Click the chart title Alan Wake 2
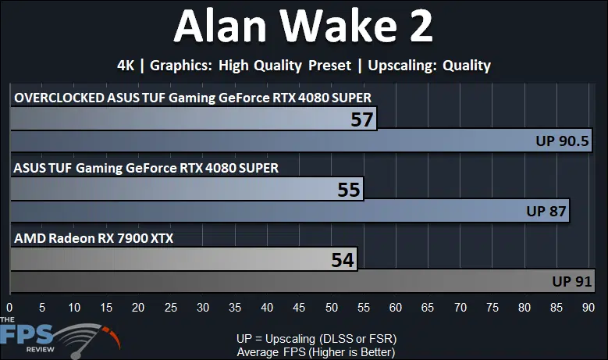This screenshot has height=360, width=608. coord(304,26)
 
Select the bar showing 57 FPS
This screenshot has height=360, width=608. coord(194,119)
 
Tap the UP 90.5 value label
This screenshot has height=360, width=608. coord(562,141)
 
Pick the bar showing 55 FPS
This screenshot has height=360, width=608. coord(187,189)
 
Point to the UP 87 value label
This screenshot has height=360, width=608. coord(546,211)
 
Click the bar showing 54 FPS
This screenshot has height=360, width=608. coord(183,259)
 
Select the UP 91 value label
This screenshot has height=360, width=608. coord(572,281)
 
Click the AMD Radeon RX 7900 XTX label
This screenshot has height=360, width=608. coord(94,238)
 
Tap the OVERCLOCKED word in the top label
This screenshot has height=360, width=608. coord(59,98)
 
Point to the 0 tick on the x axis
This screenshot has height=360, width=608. coord(9,308)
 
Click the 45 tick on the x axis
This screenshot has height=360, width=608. coord(299,308)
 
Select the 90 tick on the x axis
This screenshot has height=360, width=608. coord(588,308)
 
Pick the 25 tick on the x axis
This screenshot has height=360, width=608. coord(171,308)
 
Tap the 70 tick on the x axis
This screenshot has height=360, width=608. coord(460,308)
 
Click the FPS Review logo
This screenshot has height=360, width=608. coord(60,337)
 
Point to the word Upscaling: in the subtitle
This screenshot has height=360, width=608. coord(402,66)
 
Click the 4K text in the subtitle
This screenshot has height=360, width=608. coord(126,66)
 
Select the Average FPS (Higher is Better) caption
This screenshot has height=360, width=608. coord(316,352)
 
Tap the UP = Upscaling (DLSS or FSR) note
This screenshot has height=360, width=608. coord(316,339)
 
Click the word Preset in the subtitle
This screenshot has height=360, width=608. coord(329,66)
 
